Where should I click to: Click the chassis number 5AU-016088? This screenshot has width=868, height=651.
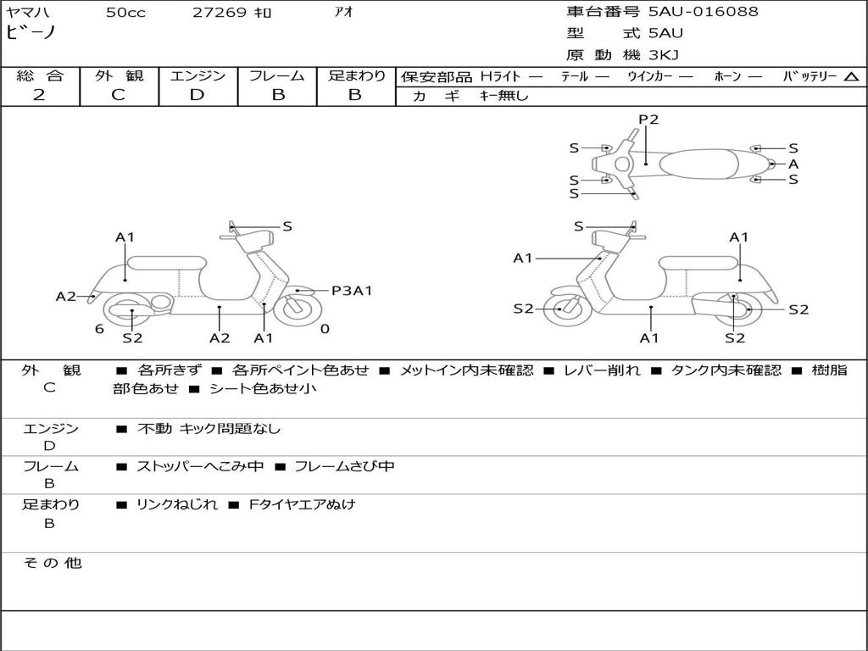tap(704, 12)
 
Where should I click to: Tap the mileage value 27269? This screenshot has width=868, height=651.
tap(220, 13)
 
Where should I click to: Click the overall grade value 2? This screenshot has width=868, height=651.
tap(39, 95)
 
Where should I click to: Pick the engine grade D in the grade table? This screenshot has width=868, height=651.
tap(197, 95)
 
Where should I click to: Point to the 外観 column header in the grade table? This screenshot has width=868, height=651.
tap(119, 75)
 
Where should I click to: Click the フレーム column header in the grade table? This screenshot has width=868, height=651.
tap(277, 75)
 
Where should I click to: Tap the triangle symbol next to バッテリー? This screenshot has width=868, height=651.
tap(851, 77)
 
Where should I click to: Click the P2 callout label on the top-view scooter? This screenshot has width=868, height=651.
tap(648, 120)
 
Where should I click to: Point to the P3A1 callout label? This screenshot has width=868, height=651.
tap(352, 291)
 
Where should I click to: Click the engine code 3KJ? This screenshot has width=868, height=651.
tap(664, 55)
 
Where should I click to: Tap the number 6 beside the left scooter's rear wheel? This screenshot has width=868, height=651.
tap(99, 328)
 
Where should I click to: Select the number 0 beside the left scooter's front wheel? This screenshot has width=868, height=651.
tap(325, 328)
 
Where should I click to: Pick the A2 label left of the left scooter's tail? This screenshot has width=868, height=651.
tap(66, 297)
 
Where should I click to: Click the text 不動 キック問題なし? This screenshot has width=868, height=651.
tap(209, 429)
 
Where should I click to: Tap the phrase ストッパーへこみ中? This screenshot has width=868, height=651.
tap(200, 466)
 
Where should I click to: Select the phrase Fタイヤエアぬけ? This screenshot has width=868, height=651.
tap(302, 504)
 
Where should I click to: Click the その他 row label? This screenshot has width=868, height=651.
tap(52, 563)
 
